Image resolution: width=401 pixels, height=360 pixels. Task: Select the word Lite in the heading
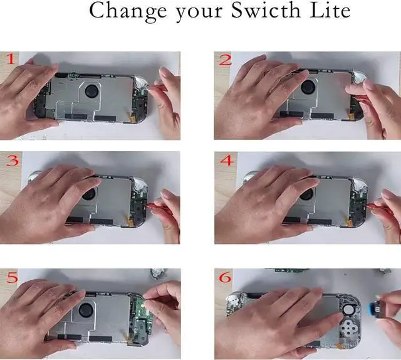[329, 11]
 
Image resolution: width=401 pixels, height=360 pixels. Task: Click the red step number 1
[11, 60]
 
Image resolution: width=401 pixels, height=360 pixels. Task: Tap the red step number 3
[12, 160]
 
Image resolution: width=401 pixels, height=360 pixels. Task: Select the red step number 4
[227, 160]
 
